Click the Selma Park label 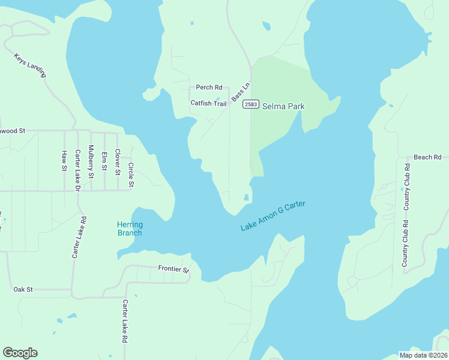(x=283, y=106)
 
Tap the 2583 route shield (x=251, y=105)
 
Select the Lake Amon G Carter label (x=273, y=216)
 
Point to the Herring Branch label (x=129, y=229)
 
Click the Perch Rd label (x=209, y=88)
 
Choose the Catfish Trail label (x=208, y=103)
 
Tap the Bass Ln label (x=240, y=92)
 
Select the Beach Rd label (x=427, y=157)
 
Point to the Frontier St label (x=173, y=269)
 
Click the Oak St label (x=23, y=289)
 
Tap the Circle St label (x=130, y=175)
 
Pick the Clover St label (x=118, y=161)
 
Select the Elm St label (x=104, y=162)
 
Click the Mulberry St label (x=91, y=162)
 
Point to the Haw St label (x=64, y=161)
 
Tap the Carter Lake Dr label (x=77, y=170)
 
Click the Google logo (x=20, y=353)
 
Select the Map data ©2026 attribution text (x=423, y=355)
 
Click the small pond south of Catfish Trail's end (x=246, y=197)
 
